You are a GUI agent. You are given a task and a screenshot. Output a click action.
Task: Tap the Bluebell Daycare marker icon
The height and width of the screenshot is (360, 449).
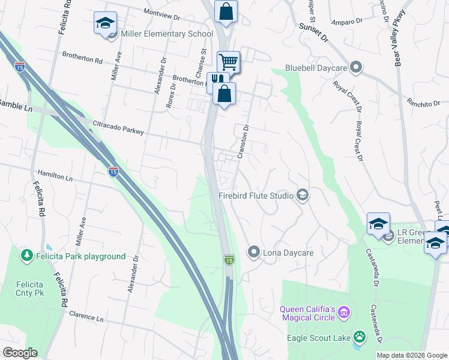pos(356,67)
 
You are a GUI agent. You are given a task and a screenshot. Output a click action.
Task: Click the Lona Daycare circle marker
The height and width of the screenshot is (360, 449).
pos(254,252)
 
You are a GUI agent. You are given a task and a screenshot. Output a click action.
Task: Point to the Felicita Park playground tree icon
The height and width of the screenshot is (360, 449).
pos(26,256)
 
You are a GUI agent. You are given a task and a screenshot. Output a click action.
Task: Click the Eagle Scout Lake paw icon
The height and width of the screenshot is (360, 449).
pos(360,337)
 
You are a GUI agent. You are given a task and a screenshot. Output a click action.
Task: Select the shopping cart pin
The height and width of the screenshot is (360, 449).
pos(229,61)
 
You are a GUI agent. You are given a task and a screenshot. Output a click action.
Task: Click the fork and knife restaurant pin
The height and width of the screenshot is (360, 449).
pos(217,80)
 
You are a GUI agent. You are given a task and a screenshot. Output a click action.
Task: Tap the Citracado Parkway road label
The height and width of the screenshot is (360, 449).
pos(118,127)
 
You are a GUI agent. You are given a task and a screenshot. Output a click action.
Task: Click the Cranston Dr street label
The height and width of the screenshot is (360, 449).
pos(243,142)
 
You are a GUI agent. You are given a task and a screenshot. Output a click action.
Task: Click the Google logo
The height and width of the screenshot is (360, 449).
pos(20,353)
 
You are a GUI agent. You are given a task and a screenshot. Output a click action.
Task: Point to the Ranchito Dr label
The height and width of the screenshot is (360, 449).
pos(427,103)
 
